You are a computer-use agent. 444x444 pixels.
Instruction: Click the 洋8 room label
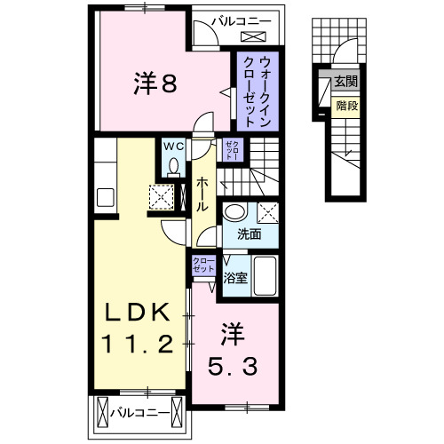pyautogui.click(x=157, y=85)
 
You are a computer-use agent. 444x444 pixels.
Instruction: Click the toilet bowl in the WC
pyautogui.click(x=173, y=166)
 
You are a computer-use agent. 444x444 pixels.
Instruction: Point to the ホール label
pyautogui.click(x=202, y=191)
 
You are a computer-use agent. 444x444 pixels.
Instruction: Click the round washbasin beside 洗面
pyautogui.click(x=235, y=213)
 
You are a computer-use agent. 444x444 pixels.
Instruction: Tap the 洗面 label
pyautogui.click(x=250, y=235)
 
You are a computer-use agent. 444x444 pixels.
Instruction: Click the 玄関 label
pyautogui.click(x=345, y=83)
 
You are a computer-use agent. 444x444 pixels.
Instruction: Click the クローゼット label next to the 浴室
pyautogui.click(x=204, y=265)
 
